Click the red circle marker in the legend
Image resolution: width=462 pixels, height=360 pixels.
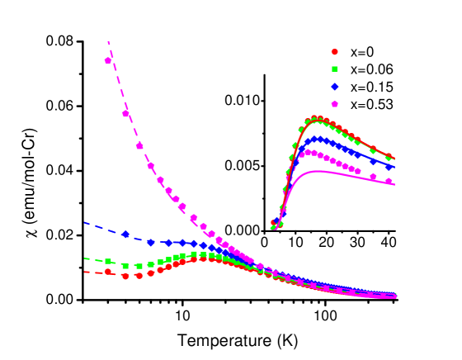pyautogui.click(x=335, y=51)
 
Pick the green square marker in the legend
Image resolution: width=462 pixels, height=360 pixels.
pyautogui.click(x=335, y=69)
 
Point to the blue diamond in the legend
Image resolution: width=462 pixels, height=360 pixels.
pyautogui.click(x=335, y=87)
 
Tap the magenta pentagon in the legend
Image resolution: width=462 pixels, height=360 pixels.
pyautogui.click(x=335, y=104)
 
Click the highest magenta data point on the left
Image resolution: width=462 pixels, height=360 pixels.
pyautogui.click(x=108, y=60)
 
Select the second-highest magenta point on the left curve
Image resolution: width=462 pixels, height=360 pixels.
pyautogui.click(x=126, y=113)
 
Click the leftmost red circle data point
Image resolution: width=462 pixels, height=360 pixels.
pyautogui.click(x=108, y=271)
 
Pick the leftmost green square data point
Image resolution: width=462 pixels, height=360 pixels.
pyautogui.click(x=108, y=261)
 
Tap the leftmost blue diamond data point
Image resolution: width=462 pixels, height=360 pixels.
pyautogui.click(x=126, y=234)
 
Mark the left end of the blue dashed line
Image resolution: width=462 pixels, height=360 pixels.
pyautogui.click(x=84, y=223)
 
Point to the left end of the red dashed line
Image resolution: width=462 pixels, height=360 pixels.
pyautogui.click(x=84, y=272)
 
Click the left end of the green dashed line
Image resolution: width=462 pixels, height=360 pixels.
pyautogui.click(x=84, y=258)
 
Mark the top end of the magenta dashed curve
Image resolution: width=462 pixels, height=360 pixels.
pyautogui.click(x=108, y=41)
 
